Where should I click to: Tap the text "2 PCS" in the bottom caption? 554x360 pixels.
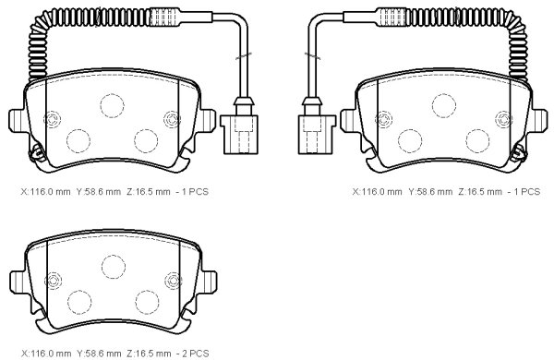pos(195,354)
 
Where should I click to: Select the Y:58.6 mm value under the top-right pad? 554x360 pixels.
pos(430,192)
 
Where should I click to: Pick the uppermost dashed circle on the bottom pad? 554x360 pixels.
pos(113,267)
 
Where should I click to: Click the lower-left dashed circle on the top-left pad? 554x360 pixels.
pos(78,141)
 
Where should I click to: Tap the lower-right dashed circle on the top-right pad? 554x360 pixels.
pos(477,141)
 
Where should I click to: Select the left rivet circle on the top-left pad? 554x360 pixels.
pos(53,119)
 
